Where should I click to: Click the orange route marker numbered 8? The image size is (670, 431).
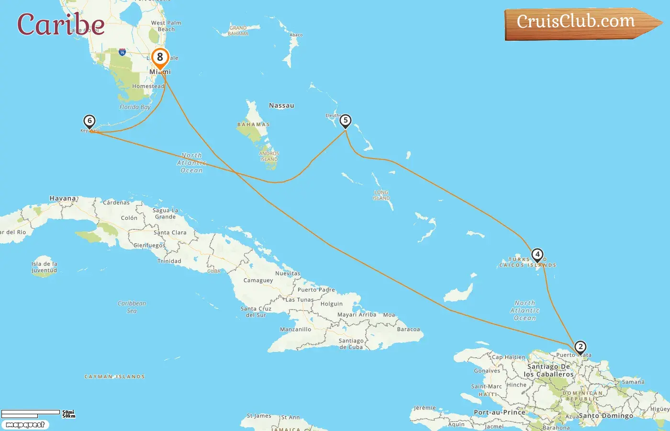pos(160,57)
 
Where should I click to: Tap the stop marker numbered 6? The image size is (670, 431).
pos(89,121)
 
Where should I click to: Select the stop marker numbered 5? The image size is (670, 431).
pos(345,121)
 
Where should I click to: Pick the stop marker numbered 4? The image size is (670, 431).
pos(537,255)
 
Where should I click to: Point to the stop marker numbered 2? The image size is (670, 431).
pos(580,347)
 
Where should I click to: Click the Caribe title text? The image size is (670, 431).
pos(61,24)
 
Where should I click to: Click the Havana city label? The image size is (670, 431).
pos(63,198)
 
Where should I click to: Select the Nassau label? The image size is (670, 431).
pos(281,105)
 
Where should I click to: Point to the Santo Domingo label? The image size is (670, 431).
pos(606,416)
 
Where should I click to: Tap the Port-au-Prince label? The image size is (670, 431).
pos(499,412)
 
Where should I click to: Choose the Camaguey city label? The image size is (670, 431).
pos(258,280)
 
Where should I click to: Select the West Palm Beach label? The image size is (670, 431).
pos(166,26)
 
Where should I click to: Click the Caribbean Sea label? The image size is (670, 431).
pos(132,307)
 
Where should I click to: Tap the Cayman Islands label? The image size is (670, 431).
pos(114,377)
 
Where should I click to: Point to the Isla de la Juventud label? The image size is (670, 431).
pos(44,267)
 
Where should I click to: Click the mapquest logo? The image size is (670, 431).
pos(25,425)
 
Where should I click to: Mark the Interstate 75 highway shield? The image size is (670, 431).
pos(122,52)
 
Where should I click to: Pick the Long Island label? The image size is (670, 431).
pos(381,195)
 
